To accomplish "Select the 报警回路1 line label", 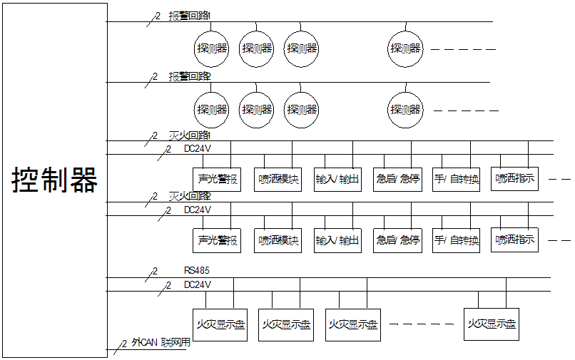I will (x=190, y=16).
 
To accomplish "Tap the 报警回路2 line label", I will (x=190, y=76).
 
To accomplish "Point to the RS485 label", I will (x=196, y=270).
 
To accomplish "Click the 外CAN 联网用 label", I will (x=161, y=342).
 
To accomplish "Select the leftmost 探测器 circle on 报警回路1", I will (x=212, y=49).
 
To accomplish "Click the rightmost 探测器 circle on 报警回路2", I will (x=406, y=110).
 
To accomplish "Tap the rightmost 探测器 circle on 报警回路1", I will (x=406, y=49).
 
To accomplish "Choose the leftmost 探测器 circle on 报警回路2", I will (x=212, y=110).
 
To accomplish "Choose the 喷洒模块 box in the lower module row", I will (x=278, y=240).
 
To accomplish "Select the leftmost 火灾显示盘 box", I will (x=220, y=324).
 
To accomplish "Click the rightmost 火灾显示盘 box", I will (x=492, y=324).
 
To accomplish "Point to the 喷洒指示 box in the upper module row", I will (x=514, y=178).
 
